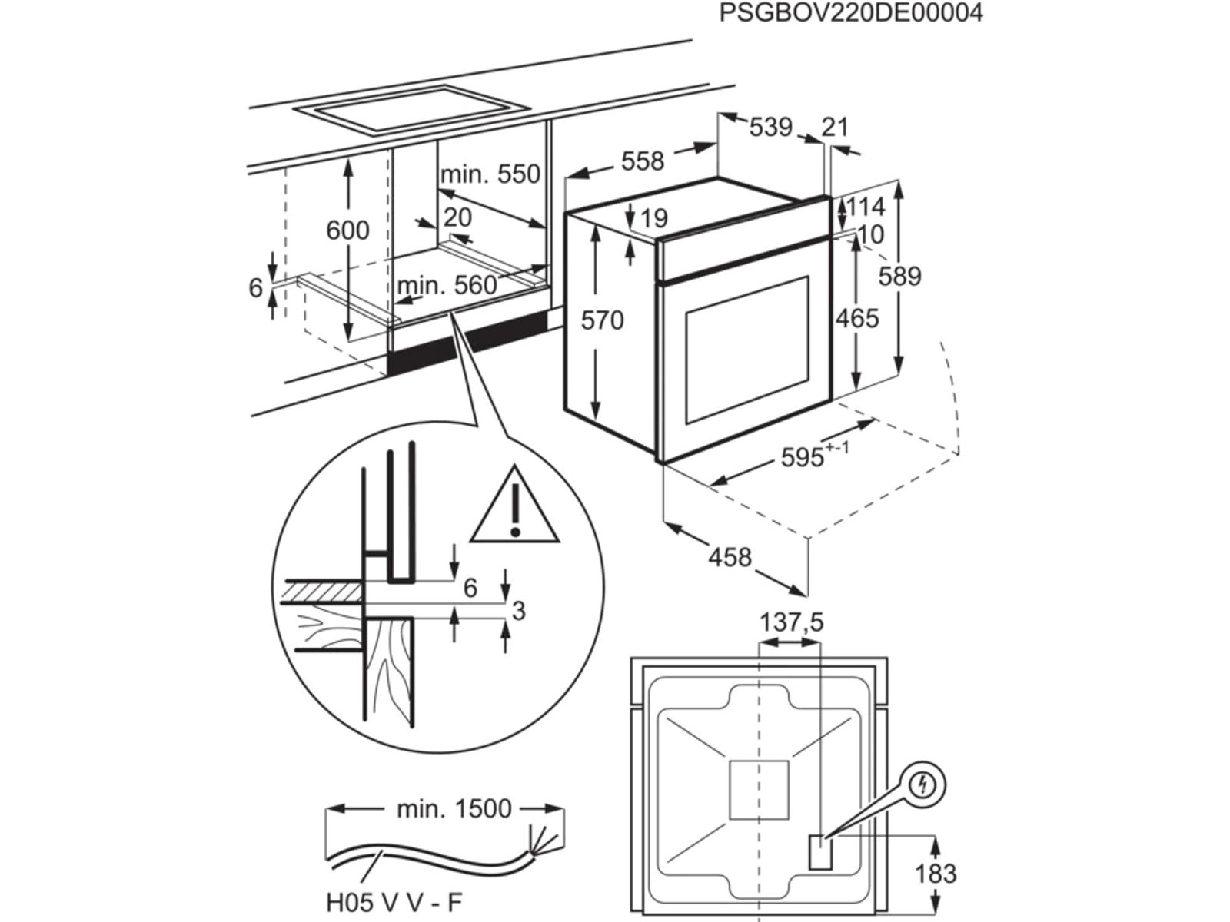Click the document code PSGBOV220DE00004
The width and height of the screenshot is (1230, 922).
851,13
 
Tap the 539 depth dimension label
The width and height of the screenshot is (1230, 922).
770,126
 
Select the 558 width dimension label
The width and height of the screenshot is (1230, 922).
642,161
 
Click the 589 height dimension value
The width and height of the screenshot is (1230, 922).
899,276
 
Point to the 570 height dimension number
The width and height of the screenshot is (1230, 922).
602,320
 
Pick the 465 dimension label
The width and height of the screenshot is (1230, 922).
856,317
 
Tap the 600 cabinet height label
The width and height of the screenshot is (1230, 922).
347,230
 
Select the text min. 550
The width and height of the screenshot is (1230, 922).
490,174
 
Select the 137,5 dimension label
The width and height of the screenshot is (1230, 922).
791,622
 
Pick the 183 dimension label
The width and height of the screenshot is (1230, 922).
935,874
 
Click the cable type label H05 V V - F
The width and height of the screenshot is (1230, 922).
395,902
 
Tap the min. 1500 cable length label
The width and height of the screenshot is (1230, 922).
454,808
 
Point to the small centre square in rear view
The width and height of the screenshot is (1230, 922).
759,789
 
